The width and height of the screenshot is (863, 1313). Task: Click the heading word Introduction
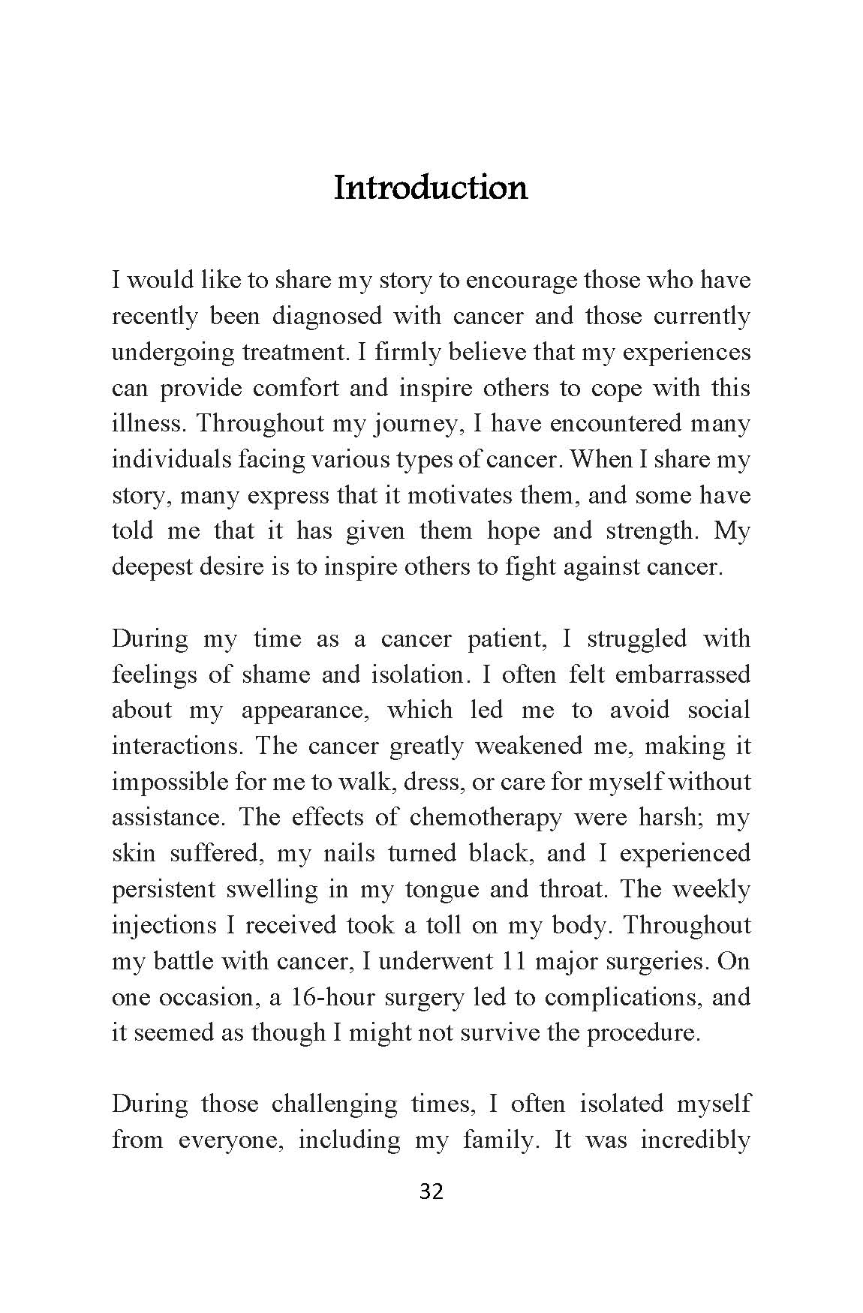431,188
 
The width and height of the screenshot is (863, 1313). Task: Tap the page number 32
431,1191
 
